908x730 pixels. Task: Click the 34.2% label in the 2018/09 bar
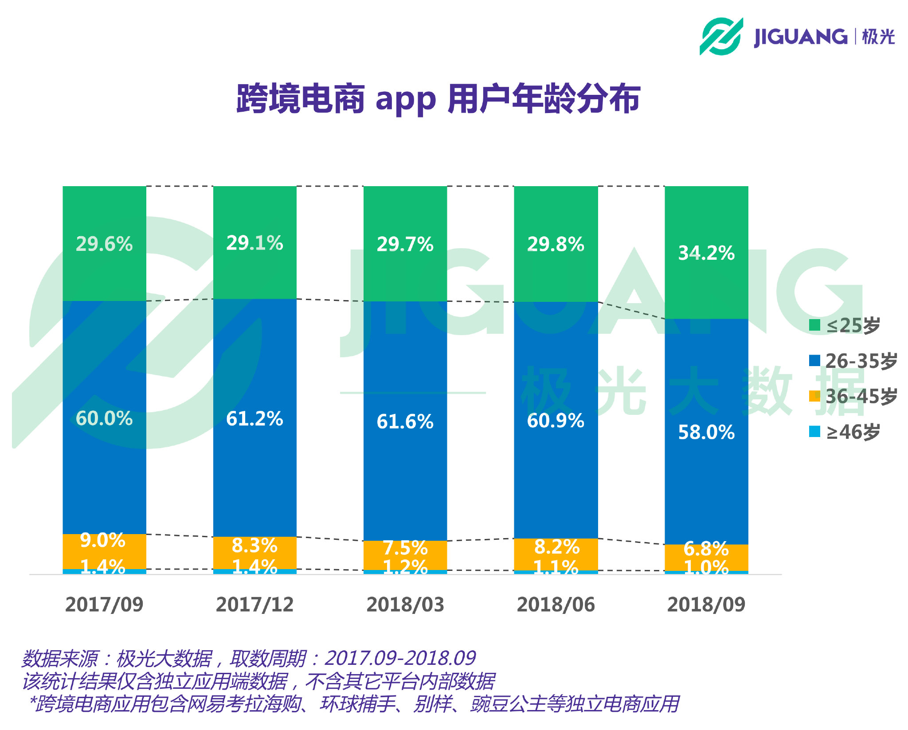pos(706,253)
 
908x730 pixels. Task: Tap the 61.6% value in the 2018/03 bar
pos(405,421)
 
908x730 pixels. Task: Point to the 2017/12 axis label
pos(254,605)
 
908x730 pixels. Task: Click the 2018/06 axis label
pos(556,605)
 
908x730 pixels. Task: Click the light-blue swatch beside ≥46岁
pos(814,431)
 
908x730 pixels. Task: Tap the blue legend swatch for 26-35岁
pos(814,360)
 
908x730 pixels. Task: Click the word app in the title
pos(405,99)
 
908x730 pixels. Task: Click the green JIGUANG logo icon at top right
pos(721,36)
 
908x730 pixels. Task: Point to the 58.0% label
pos(706,432)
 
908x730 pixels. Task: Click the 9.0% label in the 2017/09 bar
pos(103,540)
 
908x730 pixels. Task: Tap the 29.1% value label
pos(254,243)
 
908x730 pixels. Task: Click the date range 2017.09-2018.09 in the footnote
pos(400,658)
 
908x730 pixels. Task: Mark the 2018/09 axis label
pos(706,605)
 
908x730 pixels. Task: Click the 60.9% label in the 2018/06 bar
pos(556,420)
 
